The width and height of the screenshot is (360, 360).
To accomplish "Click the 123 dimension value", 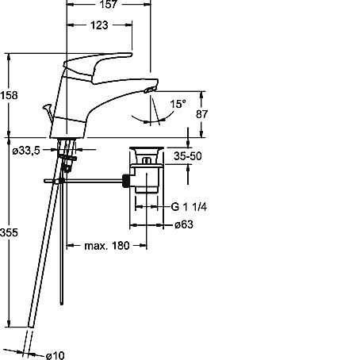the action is click(x=99, y=25).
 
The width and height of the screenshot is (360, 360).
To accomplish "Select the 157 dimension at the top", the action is click(x=109, y=4).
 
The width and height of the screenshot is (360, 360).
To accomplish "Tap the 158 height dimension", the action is click(x=9, y=95).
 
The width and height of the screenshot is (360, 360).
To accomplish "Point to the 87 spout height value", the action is click(x=201, y=114).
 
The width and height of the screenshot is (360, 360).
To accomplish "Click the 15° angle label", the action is click(x=178, y=104).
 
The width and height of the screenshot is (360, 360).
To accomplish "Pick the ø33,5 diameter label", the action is click(x=26, y=151).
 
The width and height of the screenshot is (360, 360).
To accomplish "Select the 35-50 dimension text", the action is click(x=188, y=156).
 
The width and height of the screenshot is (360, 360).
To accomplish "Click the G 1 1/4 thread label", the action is click(x=189, y=206).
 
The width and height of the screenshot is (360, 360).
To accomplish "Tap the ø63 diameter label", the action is click(x=184, y=224).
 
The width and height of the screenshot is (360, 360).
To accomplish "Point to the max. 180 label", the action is click(x=107, y=246).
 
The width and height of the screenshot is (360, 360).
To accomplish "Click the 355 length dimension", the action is click(x=9, y=232).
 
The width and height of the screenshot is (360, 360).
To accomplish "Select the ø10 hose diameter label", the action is click(x=55, y=355).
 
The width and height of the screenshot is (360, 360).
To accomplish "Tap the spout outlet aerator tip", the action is click(x=150, y=90).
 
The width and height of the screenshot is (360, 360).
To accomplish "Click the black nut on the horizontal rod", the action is click(x=126, y=181).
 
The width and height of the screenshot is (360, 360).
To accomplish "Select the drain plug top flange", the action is click(x=147, y=148).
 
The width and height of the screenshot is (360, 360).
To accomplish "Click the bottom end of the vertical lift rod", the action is click(x=62, y=304).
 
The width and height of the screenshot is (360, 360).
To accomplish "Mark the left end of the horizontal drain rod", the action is click(x=44, y=181).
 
